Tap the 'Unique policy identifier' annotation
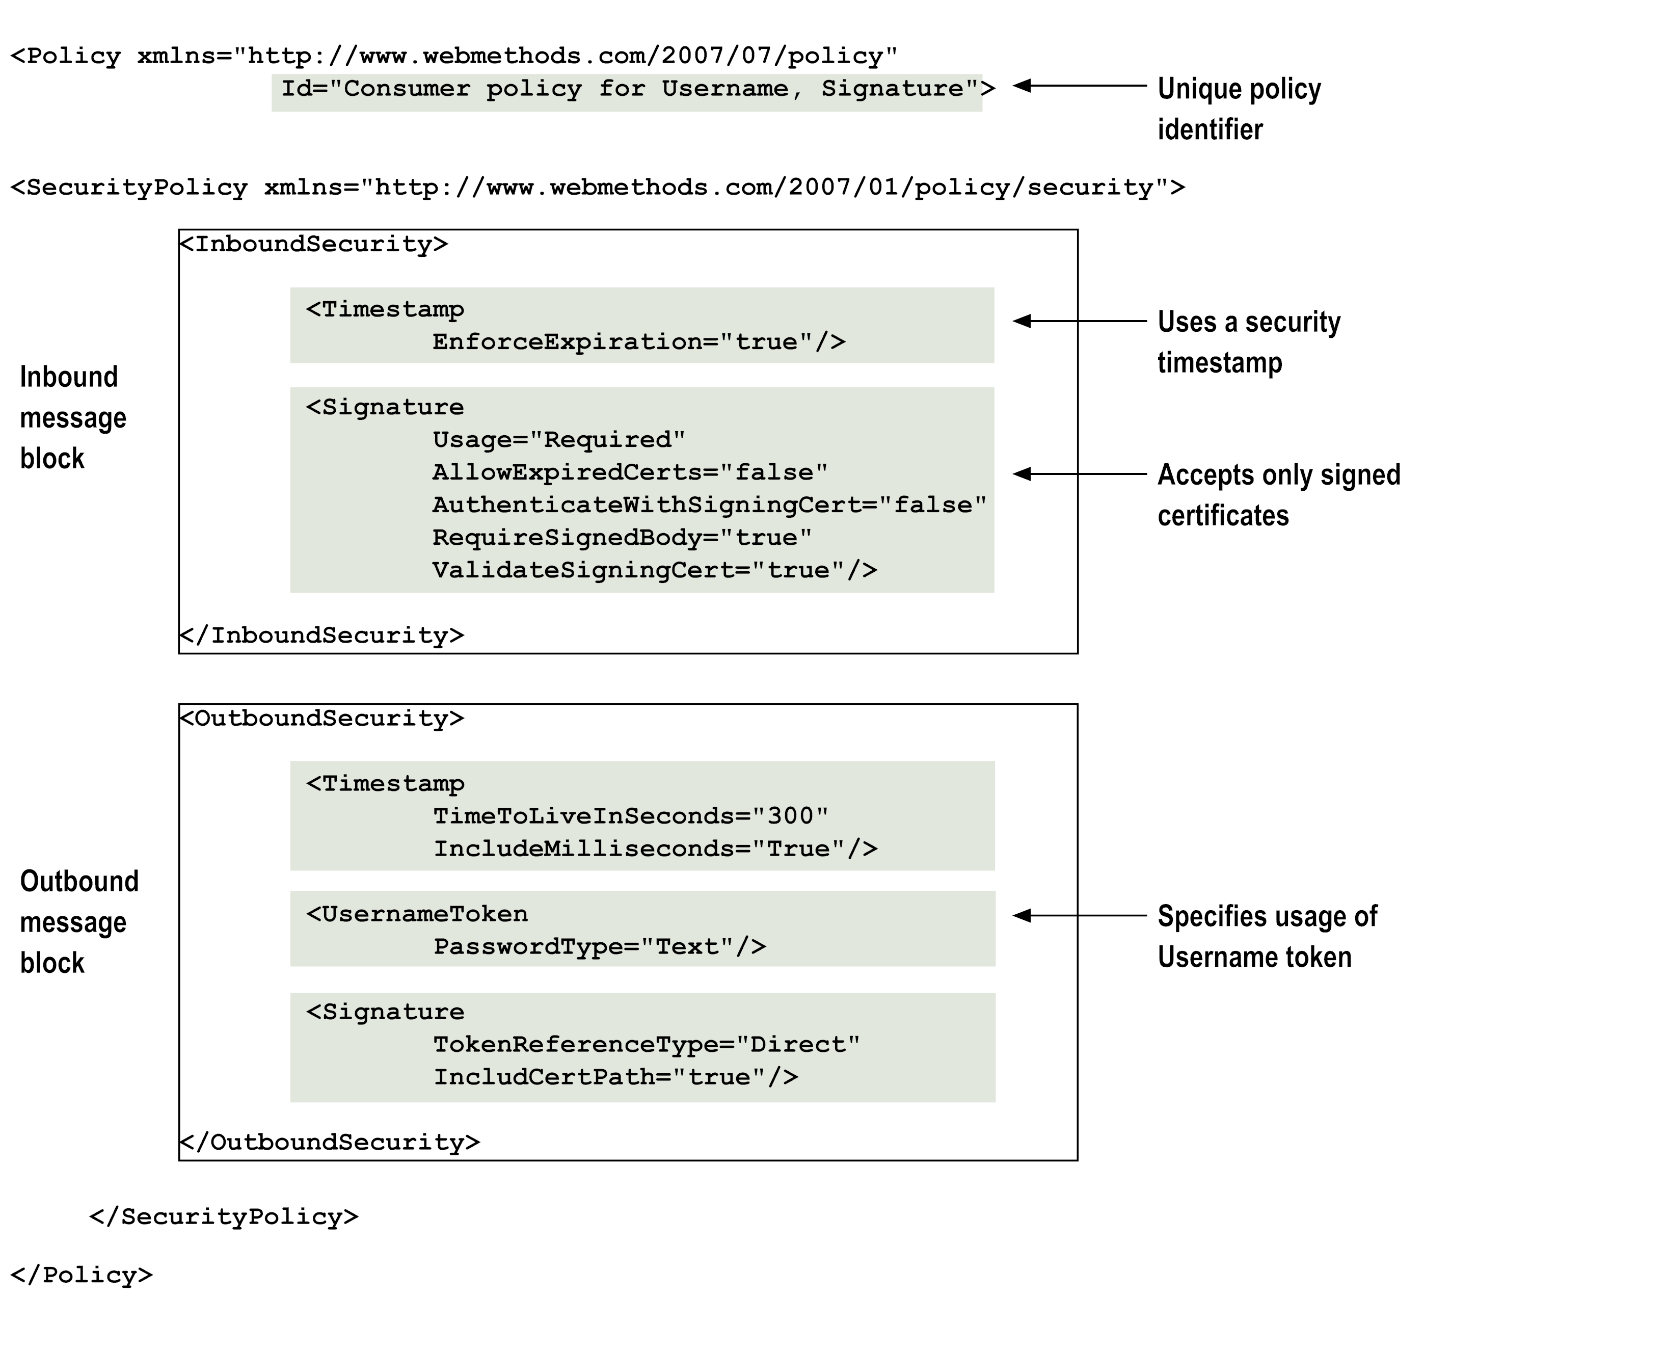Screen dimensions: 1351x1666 click(1238, 109)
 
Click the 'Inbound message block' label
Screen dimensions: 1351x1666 click(72, 418)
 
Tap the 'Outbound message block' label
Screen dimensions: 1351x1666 click(78, 922)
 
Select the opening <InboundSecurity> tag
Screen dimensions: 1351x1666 click(314, 245)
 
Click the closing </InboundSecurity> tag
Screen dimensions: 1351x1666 click(322, 636)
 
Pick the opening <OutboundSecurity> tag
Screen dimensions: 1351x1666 click(322, 718)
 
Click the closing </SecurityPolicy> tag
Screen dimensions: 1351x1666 click(224, 1217)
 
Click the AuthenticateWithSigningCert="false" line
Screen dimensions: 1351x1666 click(709, 505)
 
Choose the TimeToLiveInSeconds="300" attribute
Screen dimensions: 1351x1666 click(630, 816)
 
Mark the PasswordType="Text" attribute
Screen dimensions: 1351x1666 click(599, 947)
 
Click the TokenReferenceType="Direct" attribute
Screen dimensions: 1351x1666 click(646, 1044)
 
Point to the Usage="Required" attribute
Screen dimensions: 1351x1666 click(559, 440)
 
